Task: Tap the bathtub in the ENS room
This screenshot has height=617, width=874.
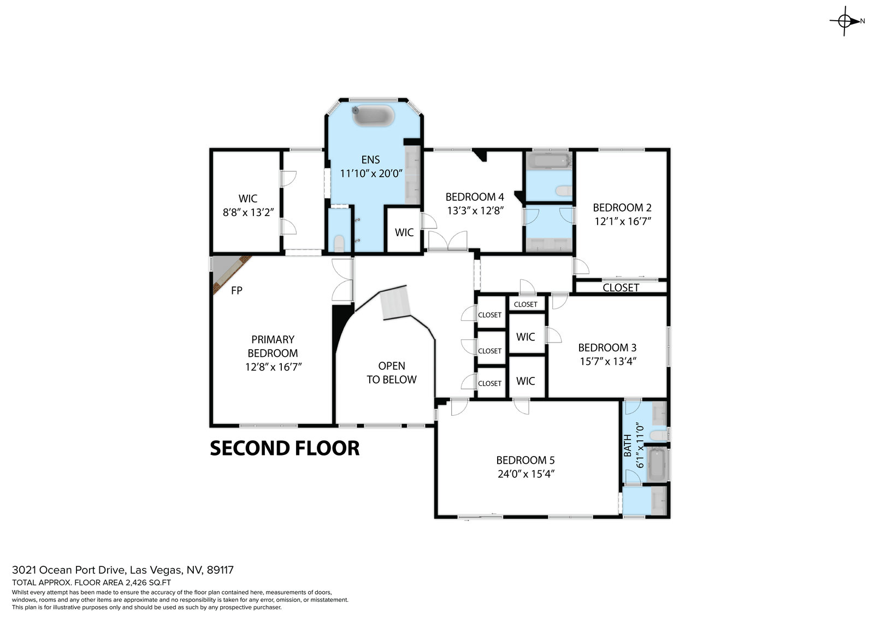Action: pyautogui.click(x=374, y=115)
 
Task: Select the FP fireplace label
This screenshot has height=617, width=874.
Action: pyautogui.click(x=237, y=290)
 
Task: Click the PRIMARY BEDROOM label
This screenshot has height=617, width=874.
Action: pyautogui.click(x=273, y=346)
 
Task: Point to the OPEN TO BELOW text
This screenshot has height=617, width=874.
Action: pyautogui.click(x=391, y=373)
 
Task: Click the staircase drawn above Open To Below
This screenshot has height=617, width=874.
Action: pyautogui.click(x=395, y=303)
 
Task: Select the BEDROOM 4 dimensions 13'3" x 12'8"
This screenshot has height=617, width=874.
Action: pyautogui.click(x=475, y=211)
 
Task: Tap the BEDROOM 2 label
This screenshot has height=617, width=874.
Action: pyautogui.click(x=622, y=207)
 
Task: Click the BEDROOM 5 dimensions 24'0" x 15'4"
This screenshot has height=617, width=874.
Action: pyautogui.click(x=526, y=474)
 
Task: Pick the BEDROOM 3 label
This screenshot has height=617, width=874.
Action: pyautogui.click(x=607, y=348)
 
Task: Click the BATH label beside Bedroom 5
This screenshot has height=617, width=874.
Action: pyautogui.click(x=628, y=446)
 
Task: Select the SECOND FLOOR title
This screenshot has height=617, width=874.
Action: pyautogui.click(x=285, y=448)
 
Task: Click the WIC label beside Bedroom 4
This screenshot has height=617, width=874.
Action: pyautogui.click(x=404, y=233)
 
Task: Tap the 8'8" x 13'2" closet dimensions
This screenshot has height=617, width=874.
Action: pyautogui.click(x=248, y=212)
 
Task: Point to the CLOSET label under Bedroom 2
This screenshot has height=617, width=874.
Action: pyautogui.click(x=621, y=287)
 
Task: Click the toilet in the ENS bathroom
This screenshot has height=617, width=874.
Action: pyautogui.click(x=339, y=243)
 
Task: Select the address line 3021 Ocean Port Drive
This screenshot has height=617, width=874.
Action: pyautogui.click(x=123, y=570)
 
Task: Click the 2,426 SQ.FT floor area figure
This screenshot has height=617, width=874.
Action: pyautogui.click(x=148, y=583)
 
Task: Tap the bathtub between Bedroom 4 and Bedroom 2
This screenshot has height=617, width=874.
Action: pyautogui.click(x=548, y=160)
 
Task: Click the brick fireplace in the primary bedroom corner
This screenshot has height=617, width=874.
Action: pyautogui.click(x=232, y=275)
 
